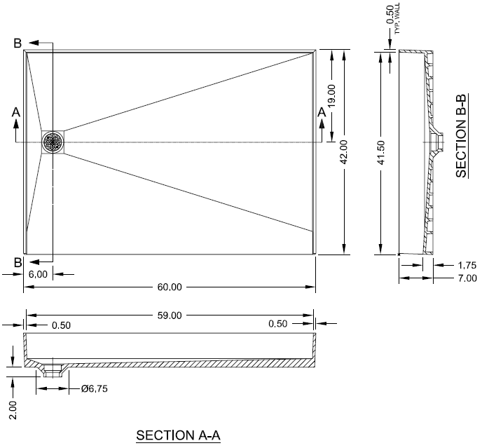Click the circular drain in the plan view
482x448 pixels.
pos(53,142)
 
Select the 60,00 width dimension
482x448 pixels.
pos(170,286)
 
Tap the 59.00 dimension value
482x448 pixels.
pos(170,315)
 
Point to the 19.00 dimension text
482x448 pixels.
pos(331,95)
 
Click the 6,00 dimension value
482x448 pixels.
pos(38,274)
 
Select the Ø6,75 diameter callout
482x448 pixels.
pos(95,388)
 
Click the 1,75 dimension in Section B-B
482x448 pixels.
pos(467,265)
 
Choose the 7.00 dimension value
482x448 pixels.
pos(467,279)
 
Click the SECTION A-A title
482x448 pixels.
pos(179,435)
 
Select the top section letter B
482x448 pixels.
pos(18,43)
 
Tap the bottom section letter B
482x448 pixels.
pos(18,263)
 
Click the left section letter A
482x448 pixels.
pos(15,112)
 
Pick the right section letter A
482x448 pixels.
pos(322,111)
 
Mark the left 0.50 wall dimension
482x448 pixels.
pos(61,325)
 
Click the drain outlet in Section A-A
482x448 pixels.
pos(53,369)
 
